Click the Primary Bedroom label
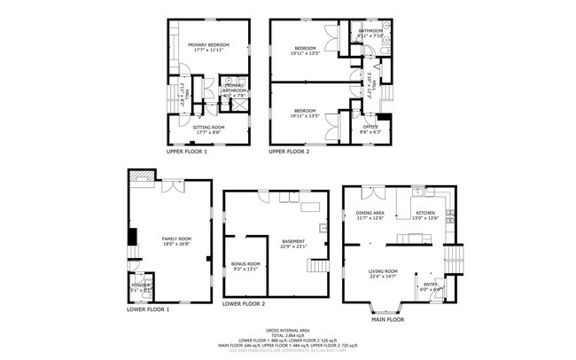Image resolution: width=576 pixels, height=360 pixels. [208, 44]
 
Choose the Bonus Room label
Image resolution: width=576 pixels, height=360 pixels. [246, 263]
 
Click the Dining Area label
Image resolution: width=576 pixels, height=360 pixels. [370, 213]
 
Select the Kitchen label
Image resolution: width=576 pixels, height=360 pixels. [425, 213]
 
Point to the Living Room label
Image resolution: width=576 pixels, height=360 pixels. [384, 271]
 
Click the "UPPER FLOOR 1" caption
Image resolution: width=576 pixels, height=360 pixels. [186, 153]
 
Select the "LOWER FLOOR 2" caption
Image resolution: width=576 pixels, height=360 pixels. [244, 303]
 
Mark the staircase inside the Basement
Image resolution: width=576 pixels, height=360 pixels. [318, 265]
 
